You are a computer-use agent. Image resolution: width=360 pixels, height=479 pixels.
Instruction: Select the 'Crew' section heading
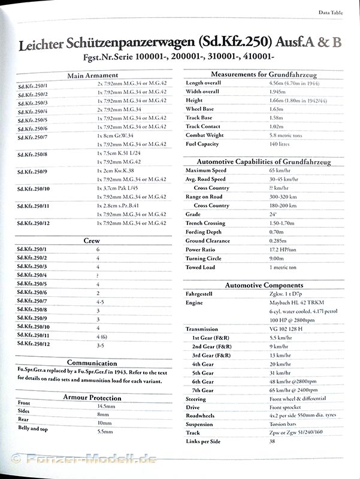point(92,241)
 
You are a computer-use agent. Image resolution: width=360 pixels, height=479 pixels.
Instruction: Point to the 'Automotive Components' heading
point(264,285)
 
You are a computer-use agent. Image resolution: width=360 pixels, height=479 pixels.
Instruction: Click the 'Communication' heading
point(92,363)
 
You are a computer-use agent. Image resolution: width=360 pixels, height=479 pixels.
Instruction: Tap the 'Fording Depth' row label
point(204,232)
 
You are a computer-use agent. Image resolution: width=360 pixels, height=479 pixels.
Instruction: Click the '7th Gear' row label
point(203,390)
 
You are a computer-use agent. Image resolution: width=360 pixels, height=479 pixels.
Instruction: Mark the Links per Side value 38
point(273,442)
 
